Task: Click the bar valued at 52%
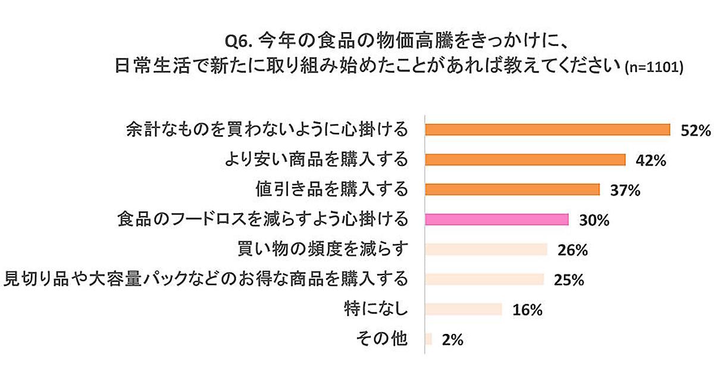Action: tap(547, 130)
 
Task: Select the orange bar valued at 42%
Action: tap(525, 160)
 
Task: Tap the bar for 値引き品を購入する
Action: tap(512, 189)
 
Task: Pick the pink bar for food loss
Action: tap(497, 220)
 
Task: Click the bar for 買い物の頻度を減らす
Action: tap(486, 249)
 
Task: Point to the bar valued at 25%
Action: tap(484, 279)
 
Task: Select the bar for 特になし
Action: tap(463, 309)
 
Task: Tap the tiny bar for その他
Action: tap(428, 339)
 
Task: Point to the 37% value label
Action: tap(625, 190)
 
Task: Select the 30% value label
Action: tap(594, 220)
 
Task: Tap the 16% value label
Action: tap(527, 310)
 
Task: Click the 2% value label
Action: tap(452, 339)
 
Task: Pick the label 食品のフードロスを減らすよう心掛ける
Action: tap(262, 220)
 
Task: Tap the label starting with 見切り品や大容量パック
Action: tap(206, 279)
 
